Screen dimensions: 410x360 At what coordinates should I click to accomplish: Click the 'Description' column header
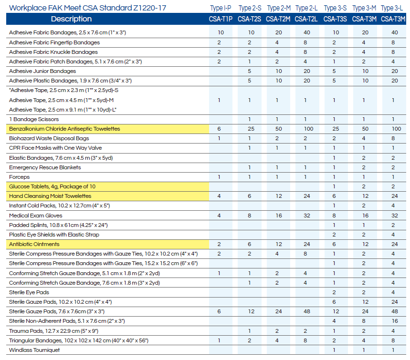71,19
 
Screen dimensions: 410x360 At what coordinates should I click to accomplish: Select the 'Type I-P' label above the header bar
221,8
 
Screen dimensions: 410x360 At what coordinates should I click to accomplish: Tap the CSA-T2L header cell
306,19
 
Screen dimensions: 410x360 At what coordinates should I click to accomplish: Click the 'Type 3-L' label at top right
392,8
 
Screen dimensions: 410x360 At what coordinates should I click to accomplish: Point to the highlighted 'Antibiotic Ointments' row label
34,244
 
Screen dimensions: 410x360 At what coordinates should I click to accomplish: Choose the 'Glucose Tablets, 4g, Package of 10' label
53,186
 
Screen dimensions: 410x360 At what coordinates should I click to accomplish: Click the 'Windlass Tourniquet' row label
34,350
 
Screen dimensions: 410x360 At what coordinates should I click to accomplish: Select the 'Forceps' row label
20,177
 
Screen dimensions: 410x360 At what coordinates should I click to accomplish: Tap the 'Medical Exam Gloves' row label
36,216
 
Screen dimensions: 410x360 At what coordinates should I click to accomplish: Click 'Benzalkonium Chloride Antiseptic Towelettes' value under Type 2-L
308,129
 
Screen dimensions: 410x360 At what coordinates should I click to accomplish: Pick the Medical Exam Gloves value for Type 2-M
279,216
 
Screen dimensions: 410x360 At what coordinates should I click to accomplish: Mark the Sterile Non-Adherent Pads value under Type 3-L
395,321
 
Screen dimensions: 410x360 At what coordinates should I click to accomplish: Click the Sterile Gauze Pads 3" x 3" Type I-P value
219,311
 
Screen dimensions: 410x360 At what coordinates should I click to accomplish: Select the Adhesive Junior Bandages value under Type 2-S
250,71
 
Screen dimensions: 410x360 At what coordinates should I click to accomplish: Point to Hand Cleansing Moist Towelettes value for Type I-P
219,196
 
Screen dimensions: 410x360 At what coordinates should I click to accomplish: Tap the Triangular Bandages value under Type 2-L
305,340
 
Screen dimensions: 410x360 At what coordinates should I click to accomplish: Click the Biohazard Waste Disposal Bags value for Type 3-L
393,138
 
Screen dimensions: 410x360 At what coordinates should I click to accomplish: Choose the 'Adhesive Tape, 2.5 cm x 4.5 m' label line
61,100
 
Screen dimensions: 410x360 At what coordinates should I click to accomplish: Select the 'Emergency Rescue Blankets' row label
45,167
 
